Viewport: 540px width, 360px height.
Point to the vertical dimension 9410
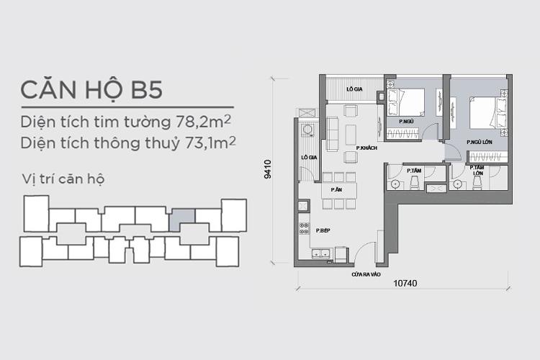tap(268, 168)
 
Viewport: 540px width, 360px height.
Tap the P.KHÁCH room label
tap(367, 148)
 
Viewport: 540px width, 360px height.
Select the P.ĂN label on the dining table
tap(336, 189)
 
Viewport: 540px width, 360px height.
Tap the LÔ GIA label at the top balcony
tap(354, 89)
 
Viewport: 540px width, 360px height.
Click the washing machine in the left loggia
tap(307, 130)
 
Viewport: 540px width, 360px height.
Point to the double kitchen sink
tap(322, 253)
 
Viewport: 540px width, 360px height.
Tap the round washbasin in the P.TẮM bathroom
tap(395, 184)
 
